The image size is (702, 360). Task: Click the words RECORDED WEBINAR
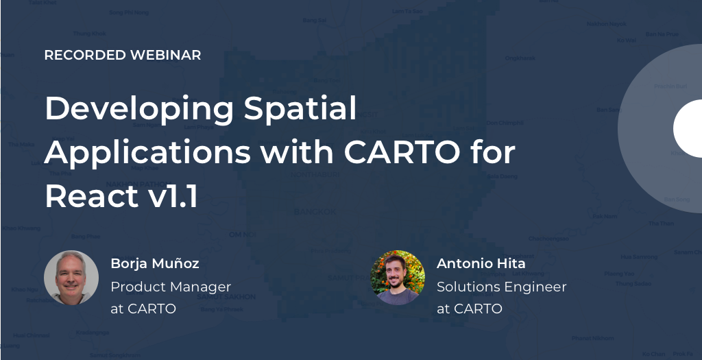click(x=123, y=56)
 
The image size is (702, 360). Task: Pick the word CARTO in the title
click(x=402, y=152)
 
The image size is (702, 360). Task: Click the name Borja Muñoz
click(x=155, y=263)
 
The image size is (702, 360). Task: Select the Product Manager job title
click(x=171, y=287)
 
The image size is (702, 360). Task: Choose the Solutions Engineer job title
click(x=502, y=287)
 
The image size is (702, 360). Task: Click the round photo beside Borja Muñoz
click(x=71, y=277)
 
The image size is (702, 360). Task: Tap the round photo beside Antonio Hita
click(x=398, y=277)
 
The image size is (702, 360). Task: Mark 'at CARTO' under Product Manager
click(x=143, y=309)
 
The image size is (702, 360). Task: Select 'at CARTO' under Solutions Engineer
click(x=470, y=309)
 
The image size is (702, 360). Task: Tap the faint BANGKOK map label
click(x=315, y=212)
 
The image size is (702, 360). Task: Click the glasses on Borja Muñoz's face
click(x=71, y=272)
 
